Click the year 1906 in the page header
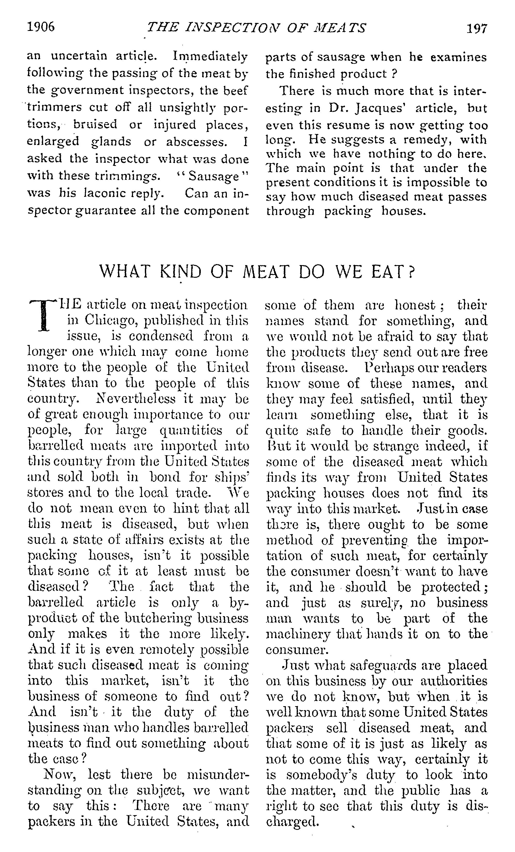(41, 27)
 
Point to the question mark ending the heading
(411, 272)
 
